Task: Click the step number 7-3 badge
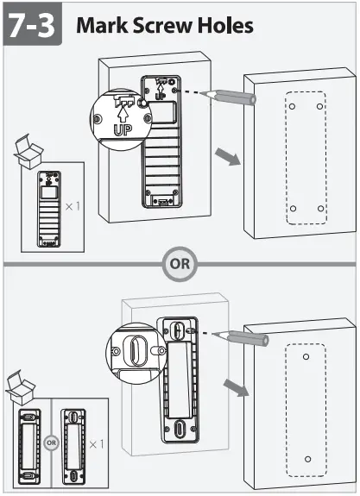pyautogui.click(x=32, y=25)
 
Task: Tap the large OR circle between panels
pyautogui.click(x=180, y=264)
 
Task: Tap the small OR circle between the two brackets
pyautogui.click(x=51, y=445)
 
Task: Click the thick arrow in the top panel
pyautogui.click(x=227, y=157)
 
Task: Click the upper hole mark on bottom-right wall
pyautogui.click(x=306, y=355)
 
